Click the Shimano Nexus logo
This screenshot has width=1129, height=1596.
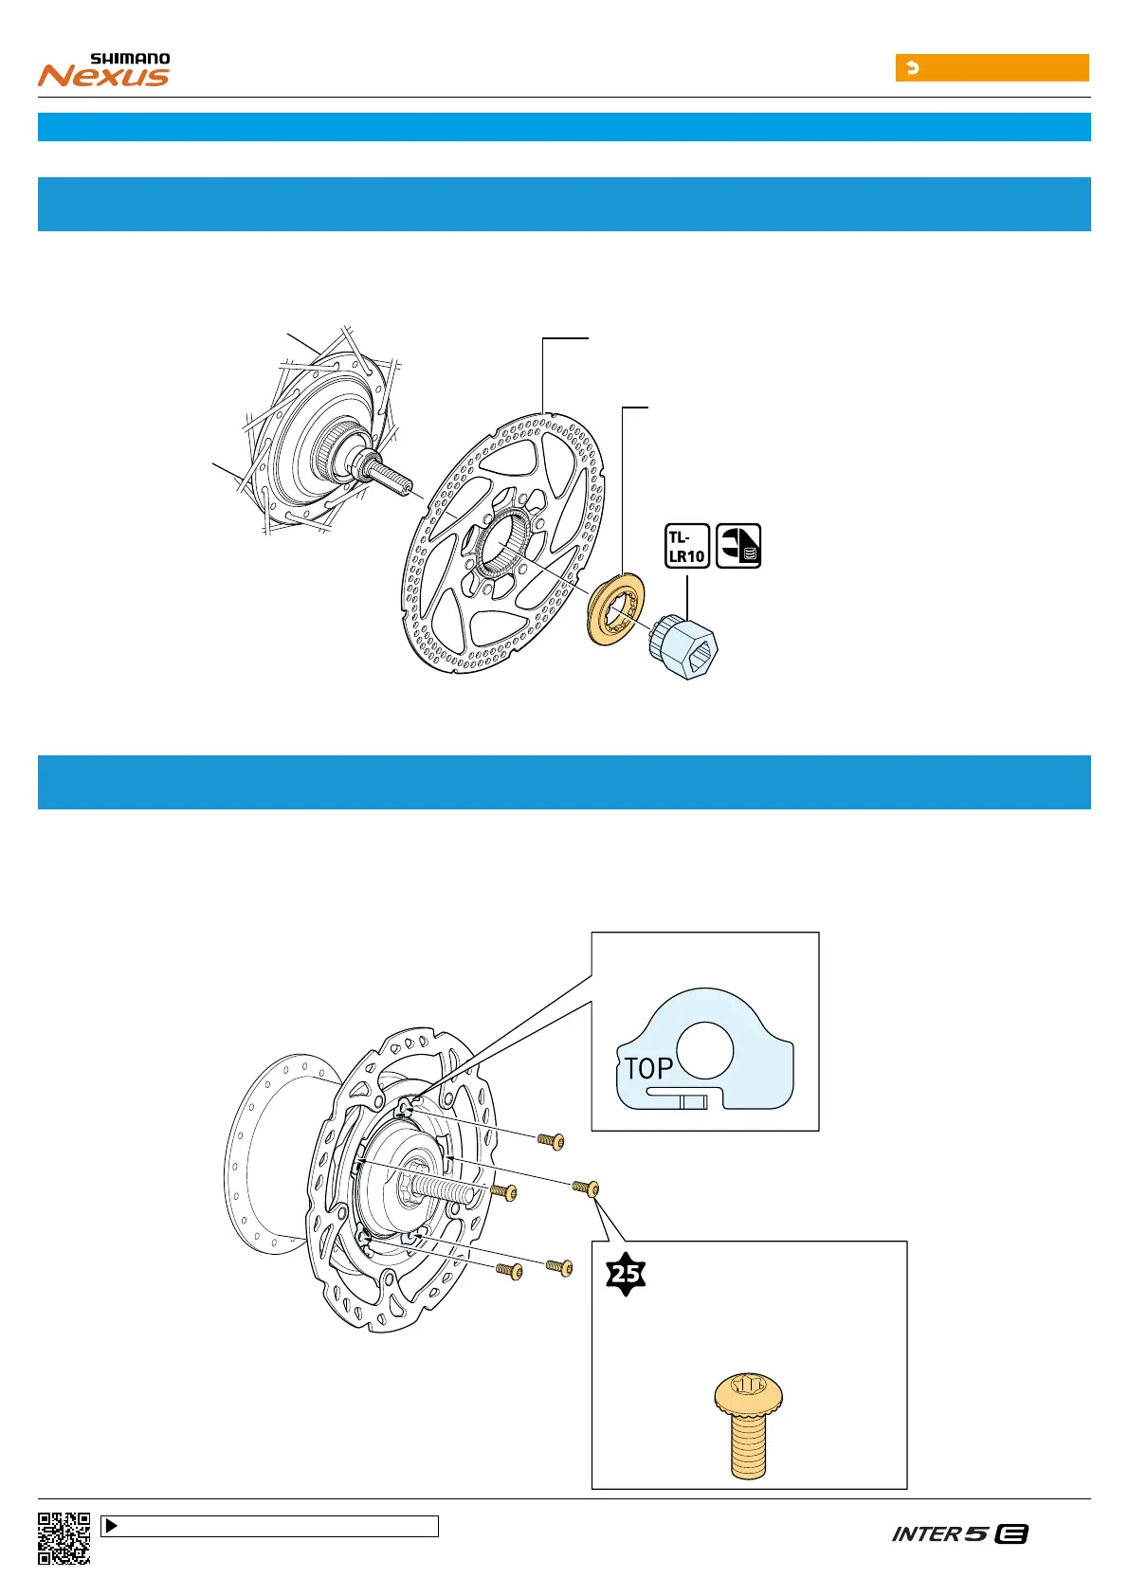coord(104,70)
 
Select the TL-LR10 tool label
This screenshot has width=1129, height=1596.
coord(687,546)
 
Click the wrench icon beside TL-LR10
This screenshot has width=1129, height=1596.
coord(738,546)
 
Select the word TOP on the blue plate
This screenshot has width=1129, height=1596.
coord(648,1068)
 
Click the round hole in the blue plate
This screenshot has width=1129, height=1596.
coord(705,1049)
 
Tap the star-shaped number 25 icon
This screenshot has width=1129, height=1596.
coord(626,1275)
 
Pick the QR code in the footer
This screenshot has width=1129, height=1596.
coord(64,1538)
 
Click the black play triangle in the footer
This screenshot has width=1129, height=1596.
coord(111,1526)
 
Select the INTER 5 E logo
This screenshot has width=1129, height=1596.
coord(959,1533)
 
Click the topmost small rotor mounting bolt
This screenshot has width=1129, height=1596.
coord(551,1141)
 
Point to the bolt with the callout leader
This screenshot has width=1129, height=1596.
coord(585,1187)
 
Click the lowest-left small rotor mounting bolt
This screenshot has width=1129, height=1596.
coord(510,1270)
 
